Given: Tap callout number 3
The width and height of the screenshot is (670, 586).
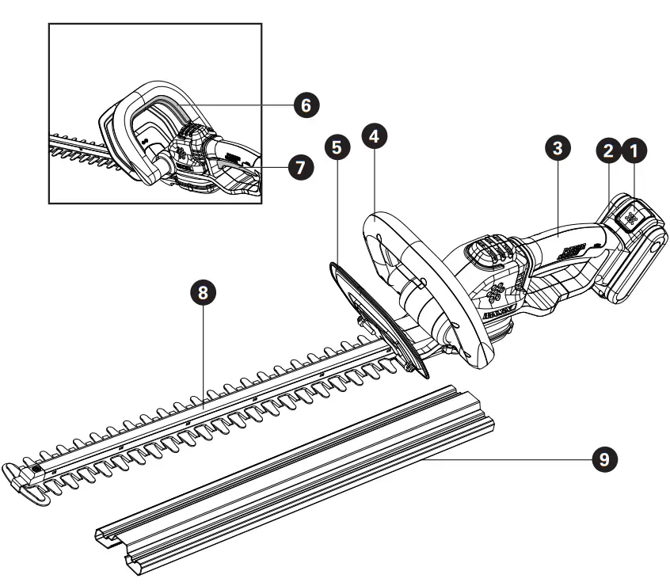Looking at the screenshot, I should click(x=558, y=148).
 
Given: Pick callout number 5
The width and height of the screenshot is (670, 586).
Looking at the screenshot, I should click(x=338, y=148).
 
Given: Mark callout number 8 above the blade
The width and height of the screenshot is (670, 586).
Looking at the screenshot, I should click(x=204, y=293).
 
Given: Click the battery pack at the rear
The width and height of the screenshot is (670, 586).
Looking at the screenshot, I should click(x=634, y=253).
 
